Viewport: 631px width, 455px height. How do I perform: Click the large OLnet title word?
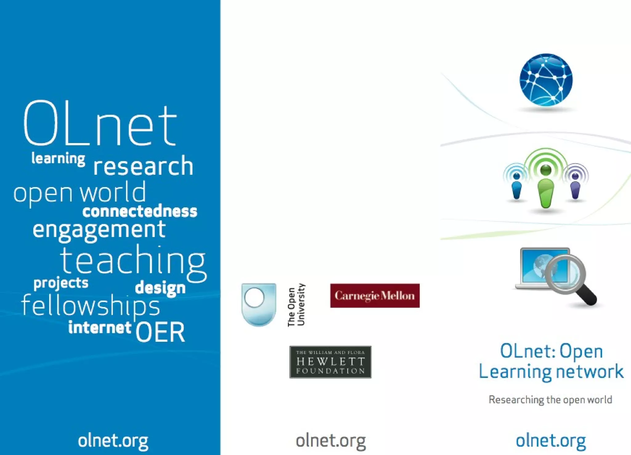pos(100,123)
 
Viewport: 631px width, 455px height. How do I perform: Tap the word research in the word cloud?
pos(143,166)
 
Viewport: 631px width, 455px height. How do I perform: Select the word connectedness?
pos(140,212)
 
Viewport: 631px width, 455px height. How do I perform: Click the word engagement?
pos(99,230)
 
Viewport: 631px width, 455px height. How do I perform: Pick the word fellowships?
pos(91,306)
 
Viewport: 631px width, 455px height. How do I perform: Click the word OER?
pos(160,332)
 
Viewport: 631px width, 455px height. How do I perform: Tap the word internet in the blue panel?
pos(100,327)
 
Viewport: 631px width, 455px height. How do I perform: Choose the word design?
pos(160,288)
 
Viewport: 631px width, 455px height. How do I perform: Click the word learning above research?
pos(58,159)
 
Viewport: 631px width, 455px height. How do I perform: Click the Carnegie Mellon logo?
pos(375,296)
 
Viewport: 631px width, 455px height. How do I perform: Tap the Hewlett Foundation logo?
pos(330,362)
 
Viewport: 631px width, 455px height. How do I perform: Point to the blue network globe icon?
pos(546,80)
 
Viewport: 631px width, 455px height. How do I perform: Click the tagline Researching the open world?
pos(550,400)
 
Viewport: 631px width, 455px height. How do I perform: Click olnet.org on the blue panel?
pos(113,441)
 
